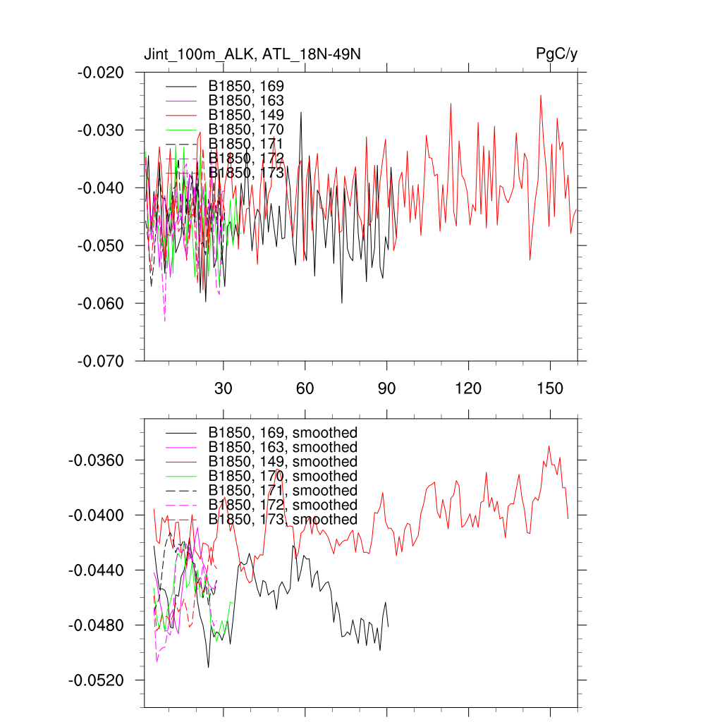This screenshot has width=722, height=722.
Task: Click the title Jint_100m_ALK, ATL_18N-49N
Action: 253,54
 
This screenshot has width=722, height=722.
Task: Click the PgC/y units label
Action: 557,54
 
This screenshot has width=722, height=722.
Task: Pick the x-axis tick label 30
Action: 224,388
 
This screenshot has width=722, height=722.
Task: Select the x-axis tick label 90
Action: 387,388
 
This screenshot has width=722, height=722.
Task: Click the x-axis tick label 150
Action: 550,388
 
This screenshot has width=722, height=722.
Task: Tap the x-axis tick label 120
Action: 468,388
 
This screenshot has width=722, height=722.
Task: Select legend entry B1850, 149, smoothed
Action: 283,462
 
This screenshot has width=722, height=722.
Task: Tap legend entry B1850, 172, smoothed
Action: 283,505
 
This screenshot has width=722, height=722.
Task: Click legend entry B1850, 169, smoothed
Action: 283,432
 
